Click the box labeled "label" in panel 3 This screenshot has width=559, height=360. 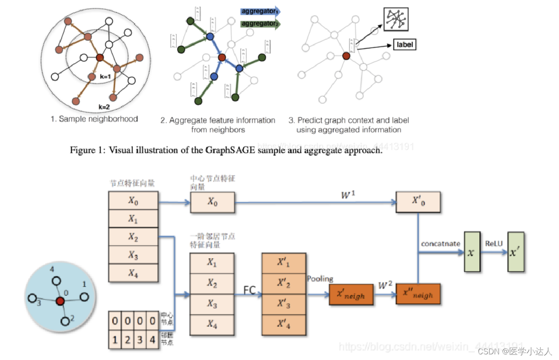click(405, 44)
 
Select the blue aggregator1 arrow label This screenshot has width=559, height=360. click(260, 12)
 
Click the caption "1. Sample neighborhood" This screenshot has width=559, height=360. click(94, 119)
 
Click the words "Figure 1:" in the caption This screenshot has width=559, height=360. click(86, 151)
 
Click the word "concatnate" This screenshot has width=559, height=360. click(440, 244)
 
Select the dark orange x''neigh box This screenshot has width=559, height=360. click(418, 294)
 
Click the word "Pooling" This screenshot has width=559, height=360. click(320, 278)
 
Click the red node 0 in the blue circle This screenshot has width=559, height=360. click(60, 301)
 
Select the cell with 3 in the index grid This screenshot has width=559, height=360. click(139, 340)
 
